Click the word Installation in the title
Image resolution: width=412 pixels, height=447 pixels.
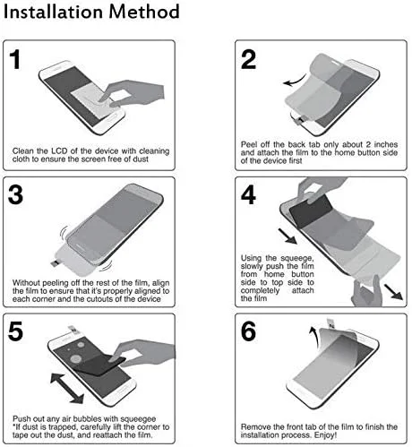point(54,12)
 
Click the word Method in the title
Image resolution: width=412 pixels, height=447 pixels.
point(144,12)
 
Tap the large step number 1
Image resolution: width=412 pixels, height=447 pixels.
point(15,59)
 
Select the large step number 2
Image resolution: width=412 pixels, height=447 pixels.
point(248,59)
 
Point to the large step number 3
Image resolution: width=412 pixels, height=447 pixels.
point(15,194)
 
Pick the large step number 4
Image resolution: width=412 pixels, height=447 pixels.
point(248,194)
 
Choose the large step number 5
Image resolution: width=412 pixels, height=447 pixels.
point(15,331)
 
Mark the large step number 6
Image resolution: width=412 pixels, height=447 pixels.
point(248,331)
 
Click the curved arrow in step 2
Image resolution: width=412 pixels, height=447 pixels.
point(296,82)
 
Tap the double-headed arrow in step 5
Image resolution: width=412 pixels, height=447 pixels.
point(67,388)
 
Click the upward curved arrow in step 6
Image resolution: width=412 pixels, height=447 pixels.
point(314,338)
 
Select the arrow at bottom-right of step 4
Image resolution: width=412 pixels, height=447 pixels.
point(393,292)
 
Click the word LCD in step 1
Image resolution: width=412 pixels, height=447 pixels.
point(60,151)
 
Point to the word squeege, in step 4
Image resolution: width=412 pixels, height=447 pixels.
point(297,258)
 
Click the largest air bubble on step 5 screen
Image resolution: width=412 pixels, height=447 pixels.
point(76,358)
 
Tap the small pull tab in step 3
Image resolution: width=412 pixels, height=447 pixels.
point(56,262)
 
